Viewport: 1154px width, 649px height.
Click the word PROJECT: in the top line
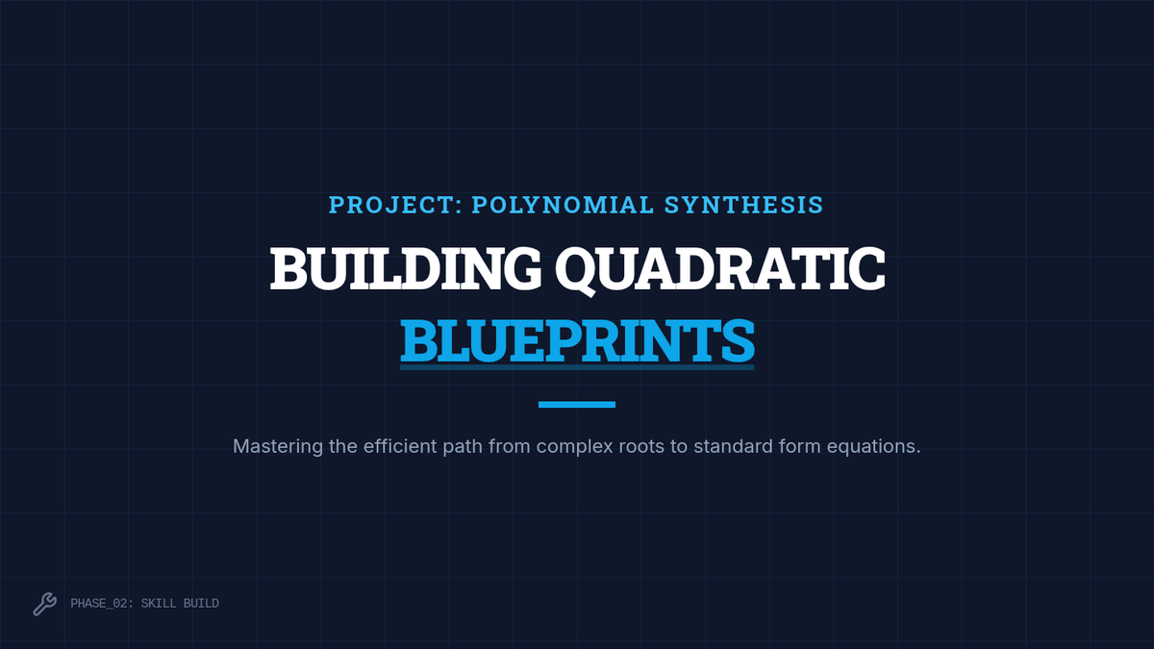(x=395, y=205)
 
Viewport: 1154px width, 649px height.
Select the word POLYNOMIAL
(x=563, y=205)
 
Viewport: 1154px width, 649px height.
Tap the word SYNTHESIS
(x=744, y=205)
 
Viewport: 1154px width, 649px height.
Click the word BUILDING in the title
(x=406, y=268)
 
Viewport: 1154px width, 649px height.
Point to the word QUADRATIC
(x=720, y=270)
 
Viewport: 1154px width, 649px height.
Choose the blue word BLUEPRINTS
(x=577, y=341)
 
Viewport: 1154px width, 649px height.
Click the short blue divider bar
(x=577, y=405)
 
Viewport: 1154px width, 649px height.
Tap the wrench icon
(x=45, y=604)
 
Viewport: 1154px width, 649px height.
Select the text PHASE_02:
(x=102, y=604)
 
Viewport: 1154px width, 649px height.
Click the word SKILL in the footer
(x=159, y=603)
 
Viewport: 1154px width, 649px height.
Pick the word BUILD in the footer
(x=201, y=603)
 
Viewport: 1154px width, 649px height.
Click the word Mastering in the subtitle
(x=278, y=446)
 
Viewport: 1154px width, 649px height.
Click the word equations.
(x=874, y=447)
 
